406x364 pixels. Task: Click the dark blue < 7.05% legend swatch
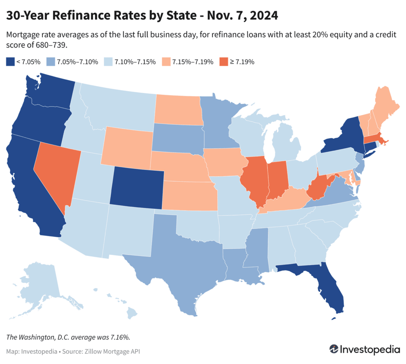coord(10,61)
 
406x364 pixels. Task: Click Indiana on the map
coord(276,178)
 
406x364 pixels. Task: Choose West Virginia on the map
coord(317,186)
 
